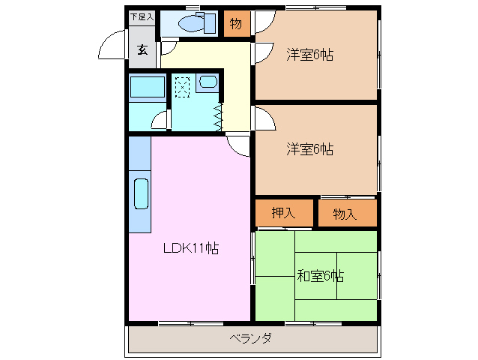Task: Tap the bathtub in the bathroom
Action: (147, 88)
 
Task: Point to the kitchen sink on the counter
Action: (140, 193)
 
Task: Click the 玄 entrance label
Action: (142, 50)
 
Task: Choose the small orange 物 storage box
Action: (235, 23)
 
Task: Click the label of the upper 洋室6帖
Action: (309, 55)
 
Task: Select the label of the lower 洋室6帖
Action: (309, 149)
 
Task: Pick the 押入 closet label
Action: (283, 214)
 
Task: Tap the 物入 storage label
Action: (345, 214)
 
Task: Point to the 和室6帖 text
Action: (320, 275)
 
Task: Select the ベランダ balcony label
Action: (250, 338)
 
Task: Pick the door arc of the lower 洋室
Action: (264, 119)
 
